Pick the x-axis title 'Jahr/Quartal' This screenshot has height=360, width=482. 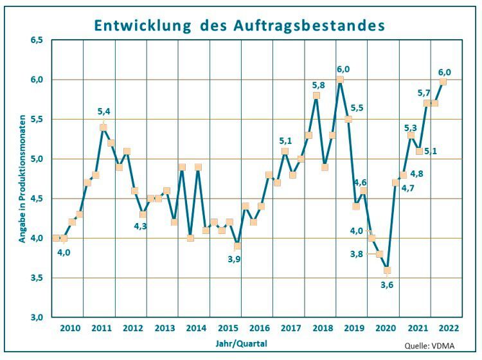tap(241, 343)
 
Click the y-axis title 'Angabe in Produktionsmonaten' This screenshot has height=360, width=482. tap(22, 179)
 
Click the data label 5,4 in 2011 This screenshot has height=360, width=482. tap(103, 112)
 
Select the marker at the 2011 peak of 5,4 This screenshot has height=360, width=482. tap(103, 127)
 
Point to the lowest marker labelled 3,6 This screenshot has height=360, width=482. tap(387, 270)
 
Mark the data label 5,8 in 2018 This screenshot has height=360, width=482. tap(318, 85)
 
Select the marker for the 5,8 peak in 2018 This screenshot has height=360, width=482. tap(317, 96)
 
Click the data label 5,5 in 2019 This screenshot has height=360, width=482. tap(357, 108)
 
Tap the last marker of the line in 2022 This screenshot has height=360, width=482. tap(443, 81)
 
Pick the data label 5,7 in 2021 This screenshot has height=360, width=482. tap(424, 93)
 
